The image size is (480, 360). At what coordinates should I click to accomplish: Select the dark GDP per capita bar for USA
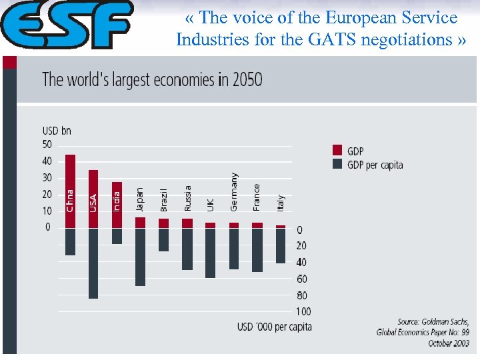click(x=93, y=263)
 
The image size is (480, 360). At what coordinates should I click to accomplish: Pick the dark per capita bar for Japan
click(x=140, y=257)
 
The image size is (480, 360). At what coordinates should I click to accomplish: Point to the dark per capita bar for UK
click(x=210, y=253)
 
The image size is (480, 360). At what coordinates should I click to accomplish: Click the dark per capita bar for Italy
click(x=281, y=246)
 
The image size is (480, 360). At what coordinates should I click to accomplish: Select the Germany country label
click(x=234, y=192)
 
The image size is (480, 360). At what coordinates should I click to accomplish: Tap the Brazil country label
click(x=164, y=200)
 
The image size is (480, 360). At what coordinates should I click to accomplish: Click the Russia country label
click(x=187, y=199)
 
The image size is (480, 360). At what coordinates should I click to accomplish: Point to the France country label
click(x=257, y=197)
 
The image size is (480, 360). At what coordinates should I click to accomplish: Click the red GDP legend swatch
click(x=337, y=151)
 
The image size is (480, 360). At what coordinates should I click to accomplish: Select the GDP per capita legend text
click(x=375, y=165)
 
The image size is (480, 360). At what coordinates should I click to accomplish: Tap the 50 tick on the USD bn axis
click(x=47, y=145)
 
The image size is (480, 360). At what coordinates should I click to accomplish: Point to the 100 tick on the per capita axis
click(x=303, y=311)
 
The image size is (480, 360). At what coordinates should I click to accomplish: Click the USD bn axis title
click(x=57, y=131)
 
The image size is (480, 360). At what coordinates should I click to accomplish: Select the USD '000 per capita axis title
click(x=274, y=327)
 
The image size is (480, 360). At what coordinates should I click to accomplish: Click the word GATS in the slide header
click(x=324, y=39)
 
